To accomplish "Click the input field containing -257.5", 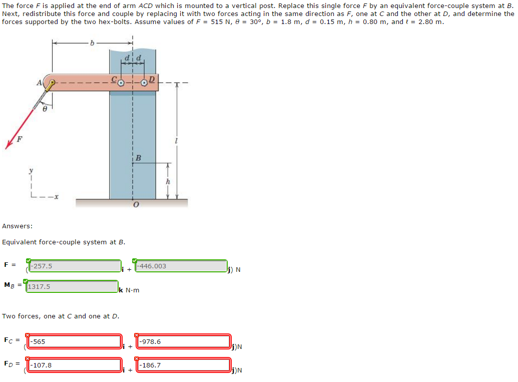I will pyautogui.click(x=75, y=266).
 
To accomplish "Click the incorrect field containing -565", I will pyautogui.click(x=75, y=342).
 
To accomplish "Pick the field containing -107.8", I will pyautogui.click(x=75, y=365).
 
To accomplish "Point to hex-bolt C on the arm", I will pyautogui.click(x=121, y=84).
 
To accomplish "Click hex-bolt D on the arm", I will pyautogui.click(x=144, y=83).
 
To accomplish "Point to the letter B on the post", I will pyautogui.click(x=139, y=158).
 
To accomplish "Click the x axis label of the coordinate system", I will pyautogui.click(x=56, y=197).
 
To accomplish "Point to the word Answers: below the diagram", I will pyautogui.click(x=17, y=226).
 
